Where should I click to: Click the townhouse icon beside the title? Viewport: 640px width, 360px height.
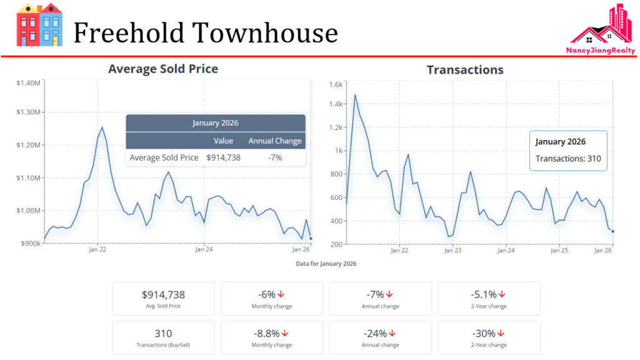pos(39,26)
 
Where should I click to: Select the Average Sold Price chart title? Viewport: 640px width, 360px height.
pos(163,69)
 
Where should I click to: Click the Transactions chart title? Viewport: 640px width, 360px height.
pos(465,69)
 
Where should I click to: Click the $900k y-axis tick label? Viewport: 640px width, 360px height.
pos(30,243)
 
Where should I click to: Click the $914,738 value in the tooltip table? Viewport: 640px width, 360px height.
pos(224,157)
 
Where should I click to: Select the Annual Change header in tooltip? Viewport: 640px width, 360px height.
pos(275,141)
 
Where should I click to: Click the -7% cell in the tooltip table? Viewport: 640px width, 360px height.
pos(275,157)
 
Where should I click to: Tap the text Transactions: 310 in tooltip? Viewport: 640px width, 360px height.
pos(568,159)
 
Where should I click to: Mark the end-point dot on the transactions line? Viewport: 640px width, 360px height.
pos(612,231)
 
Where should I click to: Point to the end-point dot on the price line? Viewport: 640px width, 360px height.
pos(311,237)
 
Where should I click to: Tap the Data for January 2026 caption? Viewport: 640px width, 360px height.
pos(326,264)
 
